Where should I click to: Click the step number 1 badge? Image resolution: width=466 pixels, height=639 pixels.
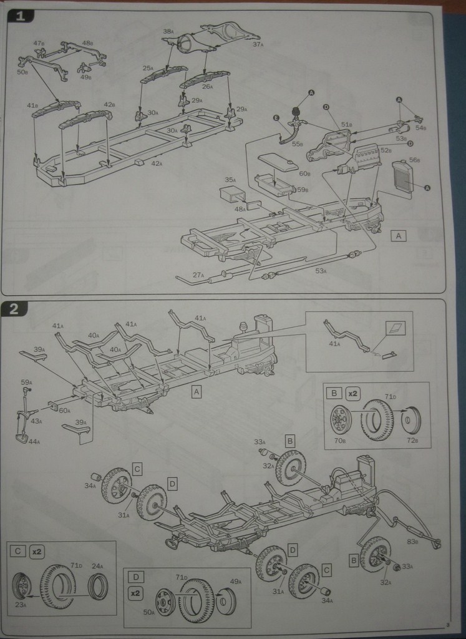tap(21, 17)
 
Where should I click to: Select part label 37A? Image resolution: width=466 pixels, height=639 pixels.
tap(258, 44)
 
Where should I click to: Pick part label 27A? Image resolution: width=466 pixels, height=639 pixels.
tap(198, 275)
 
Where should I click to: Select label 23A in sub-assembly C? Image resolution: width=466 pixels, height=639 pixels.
tap(21, 605)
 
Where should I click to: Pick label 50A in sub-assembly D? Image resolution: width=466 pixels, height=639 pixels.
tap(150, 613)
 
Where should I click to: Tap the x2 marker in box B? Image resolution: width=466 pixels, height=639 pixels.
tap(353, 394)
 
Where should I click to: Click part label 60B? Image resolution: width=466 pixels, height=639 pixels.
tap(304, 173)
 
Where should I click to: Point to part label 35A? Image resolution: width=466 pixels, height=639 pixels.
tap(230, 180)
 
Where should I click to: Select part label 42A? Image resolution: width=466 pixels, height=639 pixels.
tap(157, 164)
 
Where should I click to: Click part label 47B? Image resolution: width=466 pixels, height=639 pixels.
tap(39, 44)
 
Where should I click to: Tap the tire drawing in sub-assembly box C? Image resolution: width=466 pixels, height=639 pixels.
tap(58, 586)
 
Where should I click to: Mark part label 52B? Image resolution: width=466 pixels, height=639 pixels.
tap(386, 150)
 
